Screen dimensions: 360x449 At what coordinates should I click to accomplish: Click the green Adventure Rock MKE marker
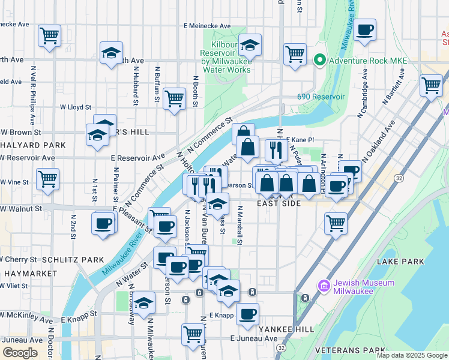pos(319,61)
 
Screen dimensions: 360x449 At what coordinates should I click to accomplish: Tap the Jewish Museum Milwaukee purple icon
pos(325,287)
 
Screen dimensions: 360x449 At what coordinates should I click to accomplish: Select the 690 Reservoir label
pos(321,97)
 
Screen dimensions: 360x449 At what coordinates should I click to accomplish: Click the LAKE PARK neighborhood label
pos(400,262)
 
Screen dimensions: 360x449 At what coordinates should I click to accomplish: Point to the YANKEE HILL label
pos(286,329)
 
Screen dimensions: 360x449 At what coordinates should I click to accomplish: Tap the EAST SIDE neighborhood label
pos(279,204)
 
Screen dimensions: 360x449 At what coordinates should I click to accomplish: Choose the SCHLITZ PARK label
pos(73,259)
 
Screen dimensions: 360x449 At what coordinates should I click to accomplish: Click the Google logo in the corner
pos(20,352)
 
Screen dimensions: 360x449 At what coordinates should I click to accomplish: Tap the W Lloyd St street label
pos(75,107)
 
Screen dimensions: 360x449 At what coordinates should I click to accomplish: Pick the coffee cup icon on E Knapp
pos(247,313)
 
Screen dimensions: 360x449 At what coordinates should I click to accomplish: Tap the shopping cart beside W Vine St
pos(48,178)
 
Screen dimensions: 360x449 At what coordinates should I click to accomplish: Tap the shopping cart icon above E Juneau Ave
pos(193,334)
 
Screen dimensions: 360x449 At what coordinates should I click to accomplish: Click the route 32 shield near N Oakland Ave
pos(399,178)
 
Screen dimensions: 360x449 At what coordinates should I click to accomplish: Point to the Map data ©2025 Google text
pos(411,355)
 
